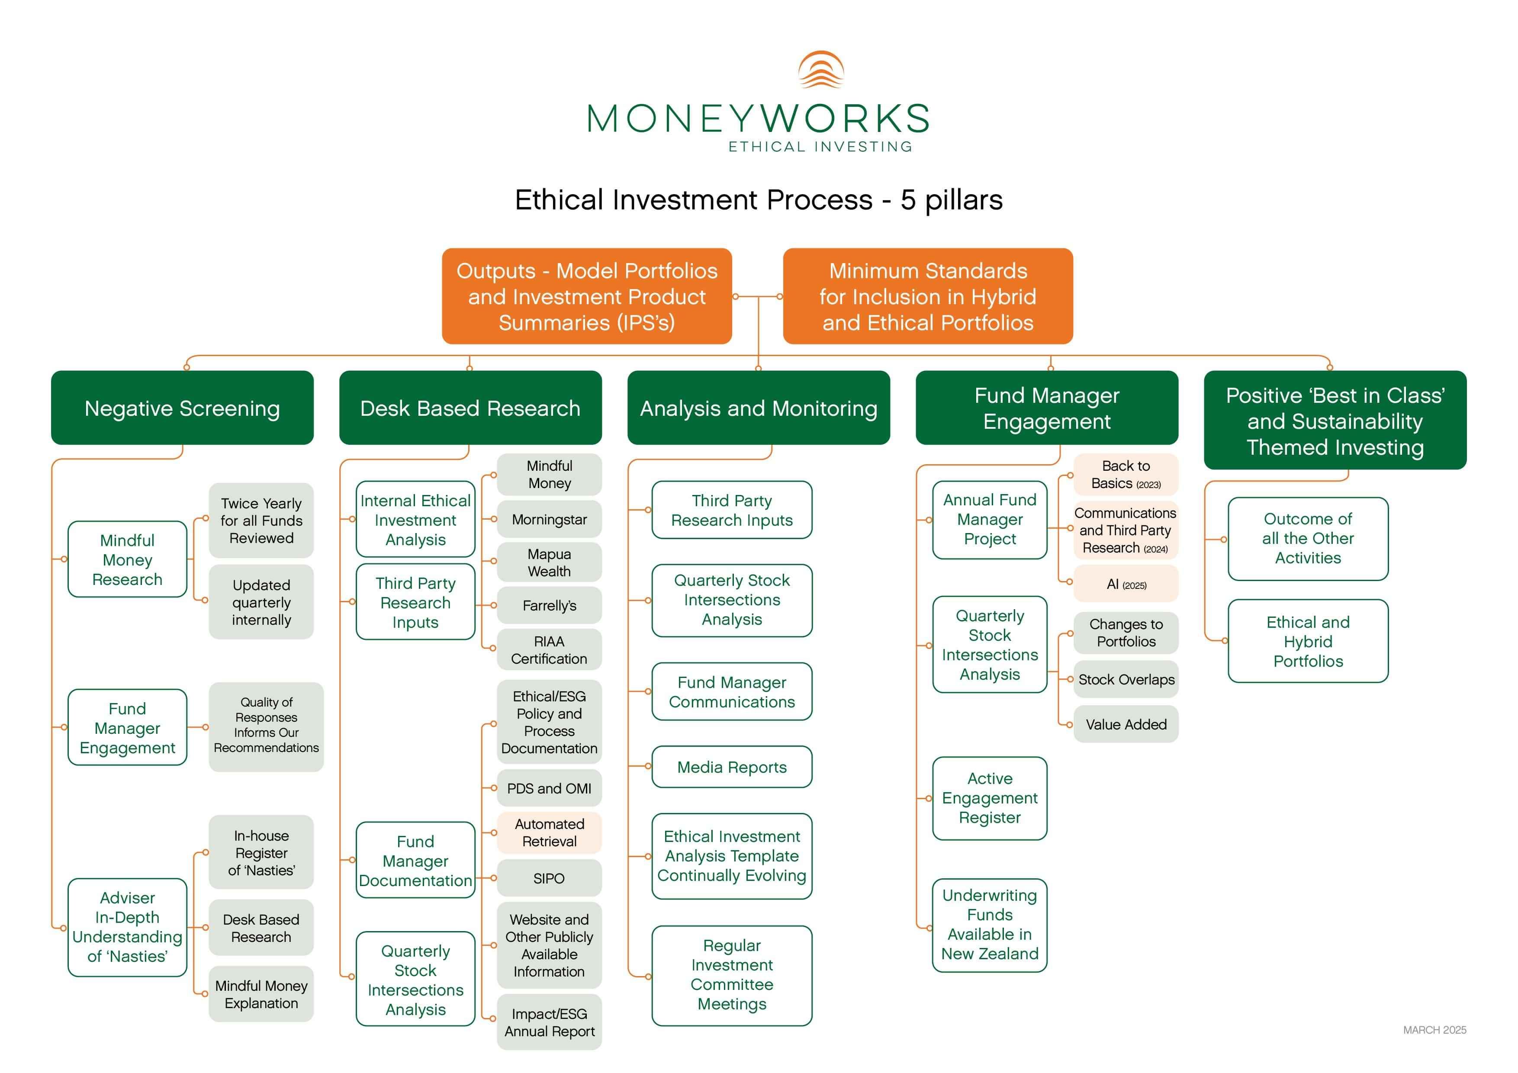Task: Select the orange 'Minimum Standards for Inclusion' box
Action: coord(928,296)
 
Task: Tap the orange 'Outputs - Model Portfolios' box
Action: coord(586,296)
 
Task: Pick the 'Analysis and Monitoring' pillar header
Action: coord(758,408)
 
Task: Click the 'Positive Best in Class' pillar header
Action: coord(1335,421)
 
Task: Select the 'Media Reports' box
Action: coord(731,767)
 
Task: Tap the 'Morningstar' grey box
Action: coord(549,520)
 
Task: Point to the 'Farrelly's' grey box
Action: coord(549,606)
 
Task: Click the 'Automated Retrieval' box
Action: coord(549,832)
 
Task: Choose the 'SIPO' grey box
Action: coord(549,878)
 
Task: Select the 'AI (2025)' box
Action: coord(1126,584)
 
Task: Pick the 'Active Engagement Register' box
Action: coord(990,798)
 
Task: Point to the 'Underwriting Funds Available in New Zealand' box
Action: coord(990,924)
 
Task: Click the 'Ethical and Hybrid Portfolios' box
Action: coord(1308,641)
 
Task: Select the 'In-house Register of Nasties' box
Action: coord(261,852)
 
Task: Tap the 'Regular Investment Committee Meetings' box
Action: coord(731,974)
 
